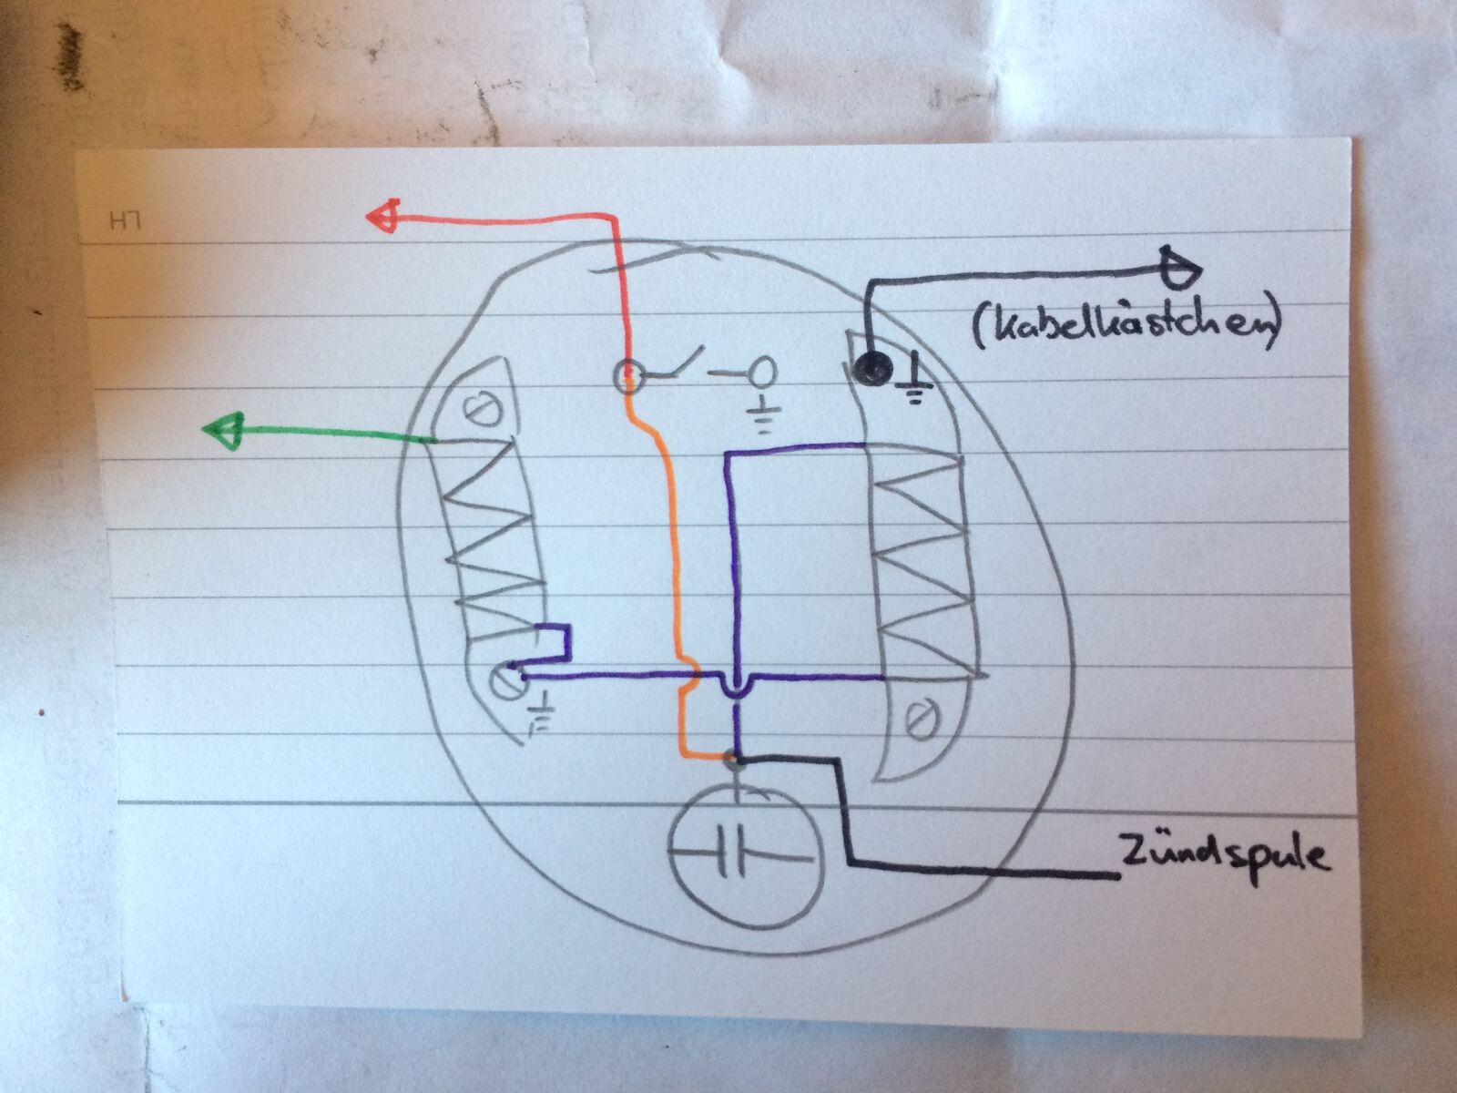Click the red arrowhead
tap(382, 217)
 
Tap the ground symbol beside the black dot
tap(915, 383)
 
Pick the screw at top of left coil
tap(478, 409)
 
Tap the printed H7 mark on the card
tap(118, 220)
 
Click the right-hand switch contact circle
tap(761, 371)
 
